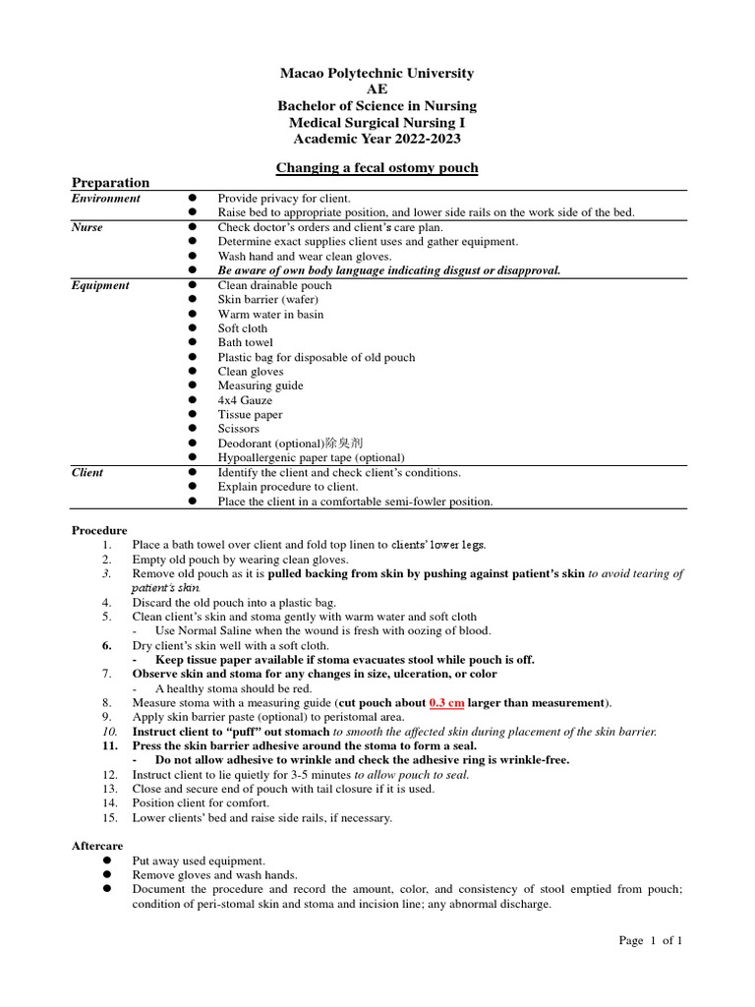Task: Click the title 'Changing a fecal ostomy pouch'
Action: point(377,168)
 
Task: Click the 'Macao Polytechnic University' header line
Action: point(377,74)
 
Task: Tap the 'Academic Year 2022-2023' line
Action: point(377,138)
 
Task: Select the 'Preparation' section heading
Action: point(110,183)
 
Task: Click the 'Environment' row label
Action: point(105,199)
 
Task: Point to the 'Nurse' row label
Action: point(87,227)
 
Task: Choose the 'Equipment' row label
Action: point(100,285)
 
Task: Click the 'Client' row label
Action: point(87,472)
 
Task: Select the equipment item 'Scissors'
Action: point(238,429)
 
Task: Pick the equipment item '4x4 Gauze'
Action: point(245,400)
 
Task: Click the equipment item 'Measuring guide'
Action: point(260,385)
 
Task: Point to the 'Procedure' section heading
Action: point(99,530)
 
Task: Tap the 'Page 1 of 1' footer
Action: point(650,940)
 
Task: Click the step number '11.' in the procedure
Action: point(110,746)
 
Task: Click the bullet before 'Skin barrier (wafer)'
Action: point(194,300)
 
